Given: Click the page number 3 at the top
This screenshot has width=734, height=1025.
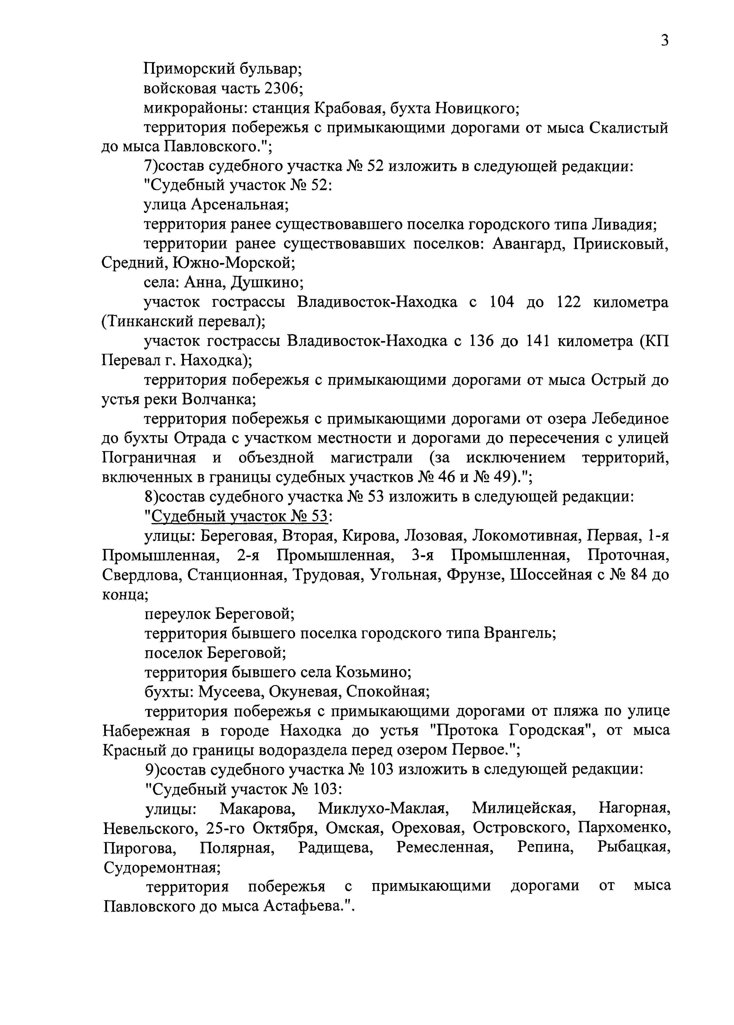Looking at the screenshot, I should point(664,41).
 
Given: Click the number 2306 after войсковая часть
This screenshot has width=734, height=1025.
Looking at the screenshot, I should point(281,88).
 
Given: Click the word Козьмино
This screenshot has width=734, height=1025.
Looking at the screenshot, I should point(372,673).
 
